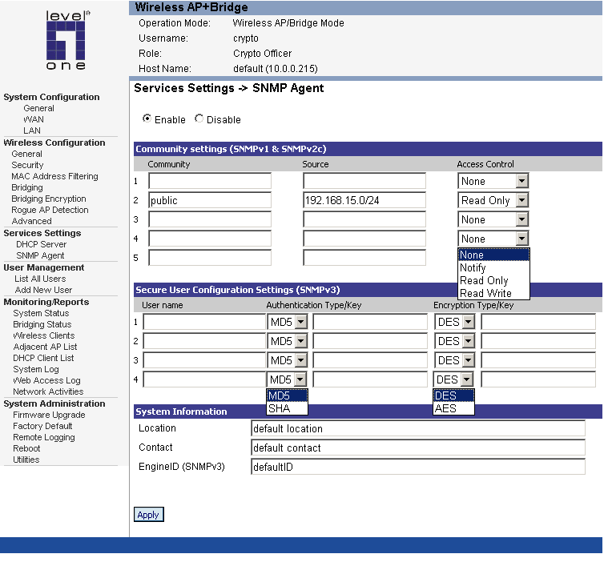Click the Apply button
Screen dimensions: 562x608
(x=148, y=515)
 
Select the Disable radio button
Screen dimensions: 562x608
(x=199, y=119)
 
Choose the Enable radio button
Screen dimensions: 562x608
(x=147, y=119)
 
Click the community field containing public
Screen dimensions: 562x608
(x=210, y=201)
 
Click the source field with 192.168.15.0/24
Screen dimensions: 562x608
(x=365, y=201)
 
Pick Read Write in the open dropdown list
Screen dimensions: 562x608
(x=485, y=293)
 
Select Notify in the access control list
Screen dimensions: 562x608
(x=473, y=267)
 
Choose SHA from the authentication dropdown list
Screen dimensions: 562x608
(x=280, y=408)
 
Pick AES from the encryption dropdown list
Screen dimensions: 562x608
(x=445, y=408)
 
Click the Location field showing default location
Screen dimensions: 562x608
(x=417, y=428)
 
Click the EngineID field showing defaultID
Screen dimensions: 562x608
(x=417, y=466)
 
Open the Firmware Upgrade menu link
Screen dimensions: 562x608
(x=49, y=415)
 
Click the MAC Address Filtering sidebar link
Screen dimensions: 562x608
(x=54, y=176)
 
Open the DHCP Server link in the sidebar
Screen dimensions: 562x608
(x=41, y=244)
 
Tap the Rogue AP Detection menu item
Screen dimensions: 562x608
(x=50, y=210)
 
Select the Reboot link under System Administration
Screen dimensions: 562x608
(x=26, y=448)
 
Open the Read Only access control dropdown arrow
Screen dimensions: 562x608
(x=521, y=201)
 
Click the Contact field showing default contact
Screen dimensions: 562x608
(x=417, y=448)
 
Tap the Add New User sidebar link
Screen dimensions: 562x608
(x=43, y=290)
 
